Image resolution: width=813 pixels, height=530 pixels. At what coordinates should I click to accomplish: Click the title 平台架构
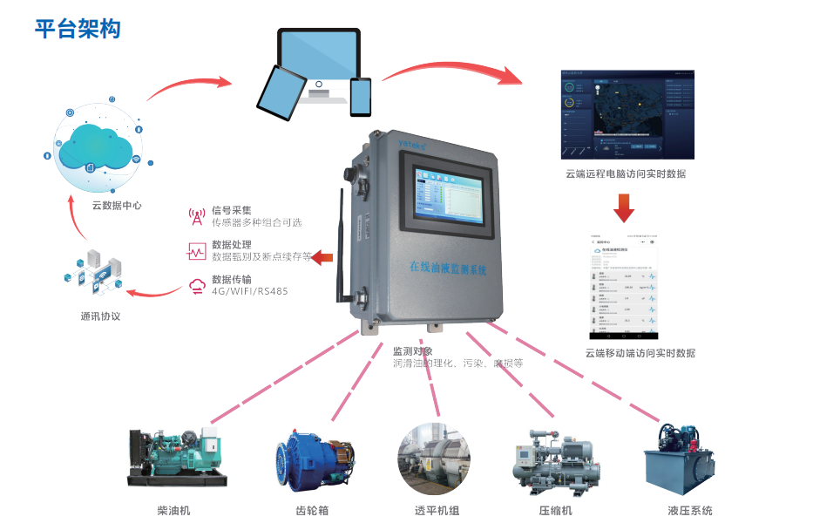pos(78,29)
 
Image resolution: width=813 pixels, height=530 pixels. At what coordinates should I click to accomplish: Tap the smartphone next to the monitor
pos(360,97)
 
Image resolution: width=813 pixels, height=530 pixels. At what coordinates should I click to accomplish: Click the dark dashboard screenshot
pos(627,116)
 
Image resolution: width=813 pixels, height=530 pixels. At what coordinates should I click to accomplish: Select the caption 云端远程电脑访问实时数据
pos(626,173)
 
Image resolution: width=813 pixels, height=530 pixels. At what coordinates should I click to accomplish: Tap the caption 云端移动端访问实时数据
pos(640,353)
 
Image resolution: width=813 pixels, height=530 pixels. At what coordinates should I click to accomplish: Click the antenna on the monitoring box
pos(337,240)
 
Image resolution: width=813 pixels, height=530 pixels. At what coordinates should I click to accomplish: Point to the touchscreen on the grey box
pos(444,197)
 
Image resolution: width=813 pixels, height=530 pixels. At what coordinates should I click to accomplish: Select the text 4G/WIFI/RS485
pos(249,291)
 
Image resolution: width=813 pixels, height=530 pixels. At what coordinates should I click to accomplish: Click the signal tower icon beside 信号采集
pos(195,215)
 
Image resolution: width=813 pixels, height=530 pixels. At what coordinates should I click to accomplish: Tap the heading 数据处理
pos(231,245)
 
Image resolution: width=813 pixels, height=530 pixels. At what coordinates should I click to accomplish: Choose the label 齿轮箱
pos(312,510)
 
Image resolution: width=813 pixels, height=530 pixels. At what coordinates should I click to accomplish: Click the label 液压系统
pos(690,510)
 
